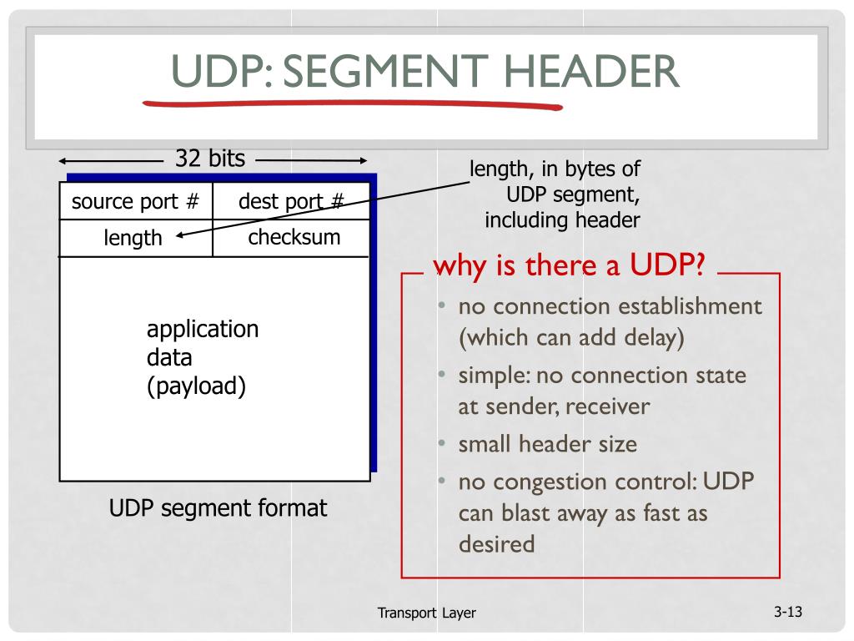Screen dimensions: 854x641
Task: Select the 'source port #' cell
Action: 135,202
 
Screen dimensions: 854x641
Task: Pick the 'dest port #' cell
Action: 291,202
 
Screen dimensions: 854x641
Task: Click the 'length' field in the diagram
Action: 133,238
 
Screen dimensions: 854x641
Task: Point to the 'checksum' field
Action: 294,237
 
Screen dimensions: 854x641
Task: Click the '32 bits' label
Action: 210,159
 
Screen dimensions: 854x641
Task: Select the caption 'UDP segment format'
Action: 219,508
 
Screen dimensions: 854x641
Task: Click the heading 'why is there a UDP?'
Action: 570,267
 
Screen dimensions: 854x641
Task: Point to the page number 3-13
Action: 787,613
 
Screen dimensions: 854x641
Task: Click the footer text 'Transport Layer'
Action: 426,613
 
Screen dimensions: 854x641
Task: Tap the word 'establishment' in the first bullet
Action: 690,306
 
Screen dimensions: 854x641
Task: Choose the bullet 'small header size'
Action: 547,444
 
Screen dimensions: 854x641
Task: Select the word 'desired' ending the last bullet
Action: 496,544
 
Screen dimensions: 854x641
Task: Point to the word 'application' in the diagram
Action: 203,329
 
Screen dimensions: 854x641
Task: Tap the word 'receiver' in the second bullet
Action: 610,406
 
